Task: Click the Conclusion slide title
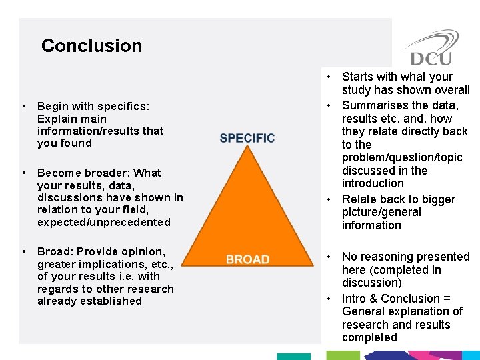tap(91, 45)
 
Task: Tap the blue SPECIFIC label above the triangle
tap(247, 138)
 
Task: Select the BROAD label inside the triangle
tap(247, 259)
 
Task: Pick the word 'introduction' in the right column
tap(373, 183)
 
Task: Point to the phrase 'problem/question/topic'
tap(402, 157)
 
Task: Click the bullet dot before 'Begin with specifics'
tap(23, 106)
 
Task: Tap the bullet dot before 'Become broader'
tap(23, 173)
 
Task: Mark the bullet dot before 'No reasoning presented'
tap(329, 257)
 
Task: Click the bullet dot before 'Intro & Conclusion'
tap(329, 299)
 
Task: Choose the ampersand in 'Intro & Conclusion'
tap(373, 299)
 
